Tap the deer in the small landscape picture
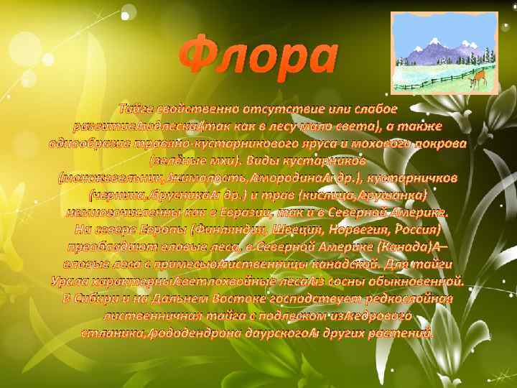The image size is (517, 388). click(475, 79)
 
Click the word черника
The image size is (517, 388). click(118, 195)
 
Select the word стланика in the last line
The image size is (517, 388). click(113, 334)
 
